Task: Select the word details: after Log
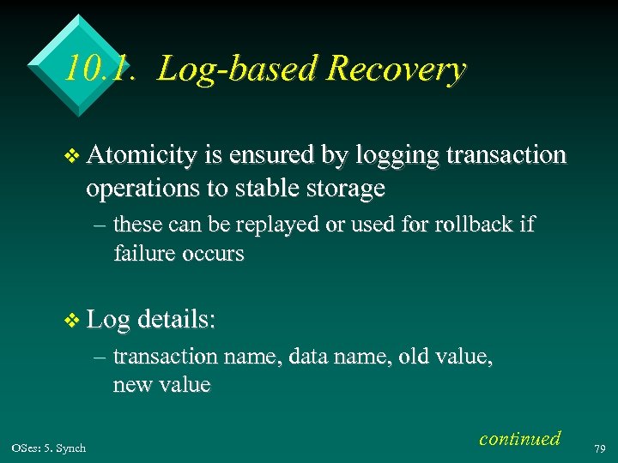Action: pyautogui.click(x=177, y=321)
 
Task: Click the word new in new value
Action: pyautogui.click(x=131, y=385)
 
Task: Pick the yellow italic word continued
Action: pyautogui.click(x=519, y=438)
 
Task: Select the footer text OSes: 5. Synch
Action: pyautogui.click(x=49, y=448)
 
